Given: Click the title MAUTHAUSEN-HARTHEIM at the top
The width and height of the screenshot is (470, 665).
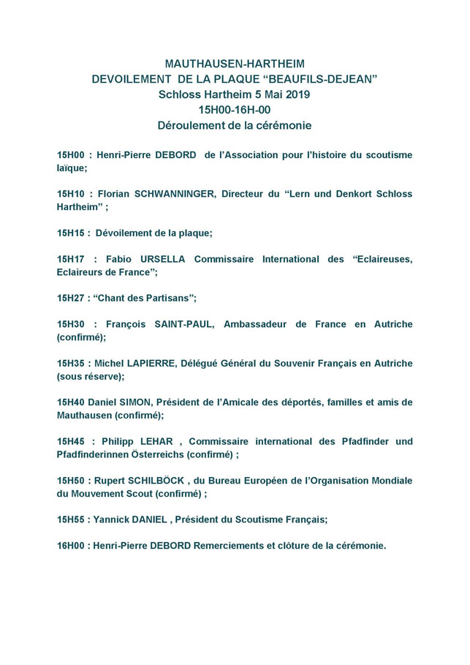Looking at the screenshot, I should coord(235,64).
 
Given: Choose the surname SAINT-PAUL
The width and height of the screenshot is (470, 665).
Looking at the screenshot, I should coord(183,324).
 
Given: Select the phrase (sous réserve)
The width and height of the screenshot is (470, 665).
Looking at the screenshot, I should coord(89,376).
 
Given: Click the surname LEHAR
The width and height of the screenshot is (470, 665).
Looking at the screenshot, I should coord(159,441).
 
